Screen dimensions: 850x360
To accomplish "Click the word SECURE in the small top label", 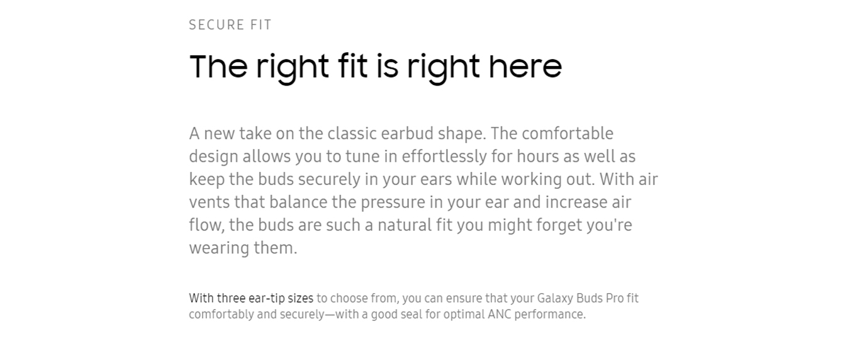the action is point(216,25).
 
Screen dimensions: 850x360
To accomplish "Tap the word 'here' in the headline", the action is point(525,67).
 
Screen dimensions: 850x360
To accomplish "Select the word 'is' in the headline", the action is point(388,67).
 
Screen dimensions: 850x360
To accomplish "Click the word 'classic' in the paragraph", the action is point(352,133).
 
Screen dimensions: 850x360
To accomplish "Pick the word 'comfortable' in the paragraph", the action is point(568,133).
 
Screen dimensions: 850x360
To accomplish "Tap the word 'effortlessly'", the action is point(444,157).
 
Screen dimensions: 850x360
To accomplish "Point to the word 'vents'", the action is point(210,202).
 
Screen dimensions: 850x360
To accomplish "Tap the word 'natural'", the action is point(405,225).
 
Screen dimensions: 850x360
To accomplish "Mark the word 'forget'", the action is point(559,225).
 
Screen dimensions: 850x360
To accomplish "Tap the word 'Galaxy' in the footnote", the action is point(555,299).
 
